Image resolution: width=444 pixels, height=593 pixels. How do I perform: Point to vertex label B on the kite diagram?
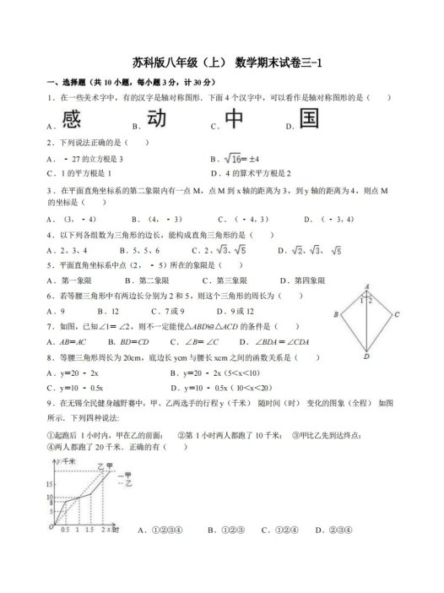[x=336, y=314]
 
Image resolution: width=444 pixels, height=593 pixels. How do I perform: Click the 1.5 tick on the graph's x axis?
[x=89, y=530]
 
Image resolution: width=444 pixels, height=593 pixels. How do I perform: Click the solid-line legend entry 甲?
[x=126, y=478]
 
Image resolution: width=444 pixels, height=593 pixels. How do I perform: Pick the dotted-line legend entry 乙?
[x=126, y=487]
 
